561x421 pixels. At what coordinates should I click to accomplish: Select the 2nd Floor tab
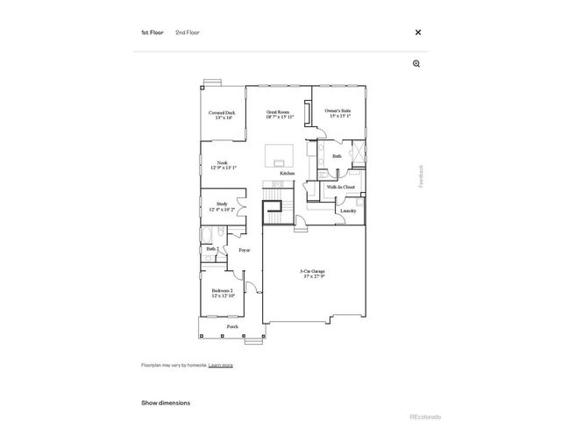[x=187, y=32]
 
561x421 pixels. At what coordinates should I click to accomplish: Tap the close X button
[x=418, y=32]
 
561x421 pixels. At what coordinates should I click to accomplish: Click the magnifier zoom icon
[x=417, y=63]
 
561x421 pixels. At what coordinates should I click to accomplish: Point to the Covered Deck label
[x=222, y=115]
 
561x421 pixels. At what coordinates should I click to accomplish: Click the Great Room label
[x=280, y=115]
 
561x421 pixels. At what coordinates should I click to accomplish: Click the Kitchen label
[x=287, y=174]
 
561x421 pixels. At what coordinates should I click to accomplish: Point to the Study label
[x=222, y=206]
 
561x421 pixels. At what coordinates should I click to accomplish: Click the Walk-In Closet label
[x=340, y=187]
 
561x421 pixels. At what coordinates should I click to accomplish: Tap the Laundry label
[x=346, y=210]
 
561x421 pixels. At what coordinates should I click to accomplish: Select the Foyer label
[x=245, y=250]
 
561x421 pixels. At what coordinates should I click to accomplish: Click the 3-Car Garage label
[x=312, y=274]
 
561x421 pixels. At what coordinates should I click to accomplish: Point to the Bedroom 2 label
[x=222, y=293]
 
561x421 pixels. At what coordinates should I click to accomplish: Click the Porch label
[x=232, y=326]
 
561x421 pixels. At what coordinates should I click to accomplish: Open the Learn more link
[x=221, y=365]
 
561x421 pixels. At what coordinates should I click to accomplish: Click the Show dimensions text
[x=166, y=403]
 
